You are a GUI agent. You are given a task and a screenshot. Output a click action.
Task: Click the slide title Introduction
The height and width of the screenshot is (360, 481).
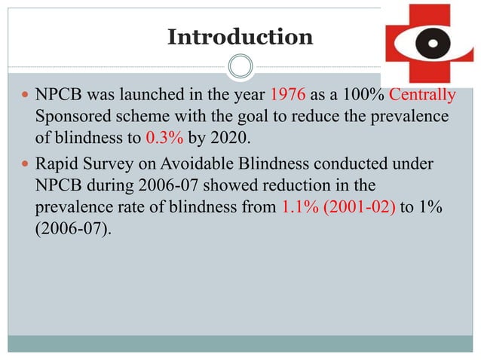(240, 36)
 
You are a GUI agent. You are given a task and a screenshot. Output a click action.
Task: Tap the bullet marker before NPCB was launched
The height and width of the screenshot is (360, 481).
(26, 96)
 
